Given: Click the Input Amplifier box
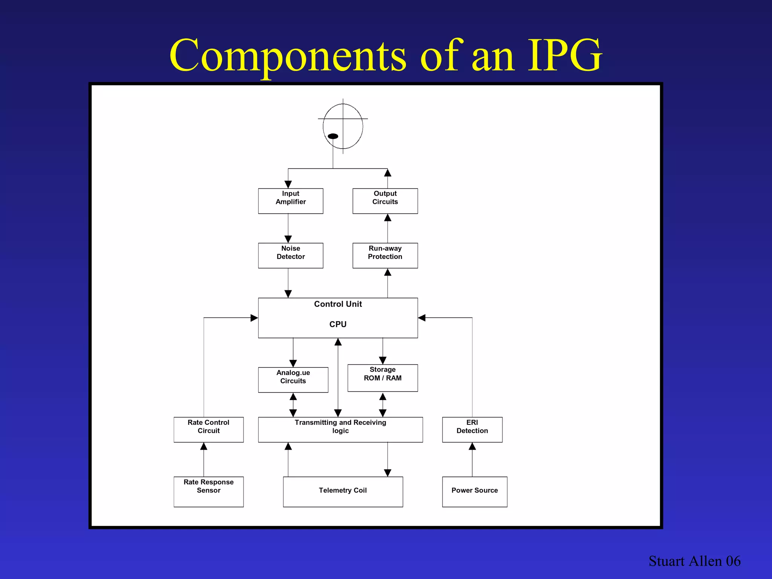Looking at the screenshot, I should pyautogui.click(x=291, y=201).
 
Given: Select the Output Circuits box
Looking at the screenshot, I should pyautogui.click(x=385, y=201).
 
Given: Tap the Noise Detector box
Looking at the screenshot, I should pyautogui.click(x=291, y=256).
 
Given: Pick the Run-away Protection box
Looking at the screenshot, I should pyautogui.click(x=385, y=256).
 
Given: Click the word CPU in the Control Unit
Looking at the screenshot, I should pyautogui.click(x=338, y=325).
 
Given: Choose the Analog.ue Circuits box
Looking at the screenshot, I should pyautogui.click(x=293, y=380).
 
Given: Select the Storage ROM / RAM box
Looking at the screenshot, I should pyautogui.click(x=382, y=378).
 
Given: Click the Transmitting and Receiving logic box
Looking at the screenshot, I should pyautogui.click(x=340, y=429).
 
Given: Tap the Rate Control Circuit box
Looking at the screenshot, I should pyautogui.click(x=208, y=429).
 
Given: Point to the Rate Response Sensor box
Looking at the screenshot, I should pyautogui.click(x=208, y=492).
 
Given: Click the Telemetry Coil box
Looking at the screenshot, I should pyautogui.click(x=343, y=492).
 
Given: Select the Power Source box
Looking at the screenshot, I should pyautogui.click(x=475, y=492).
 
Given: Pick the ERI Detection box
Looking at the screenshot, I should pyautogui.click(x=472, y=429).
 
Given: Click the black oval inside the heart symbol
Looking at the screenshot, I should pyautogui.click(x=333, y=136).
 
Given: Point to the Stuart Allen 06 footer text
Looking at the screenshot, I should pyautogui.click(x=694, y=561).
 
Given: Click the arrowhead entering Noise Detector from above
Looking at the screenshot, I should pyautogui.click(x=288, y=239).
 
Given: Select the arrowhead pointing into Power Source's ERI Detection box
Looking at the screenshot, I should pyautogui.click(x=472, y=447).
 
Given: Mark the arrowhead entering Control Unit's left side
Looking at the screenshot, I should pyautogui.click(x=254, y=318).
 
